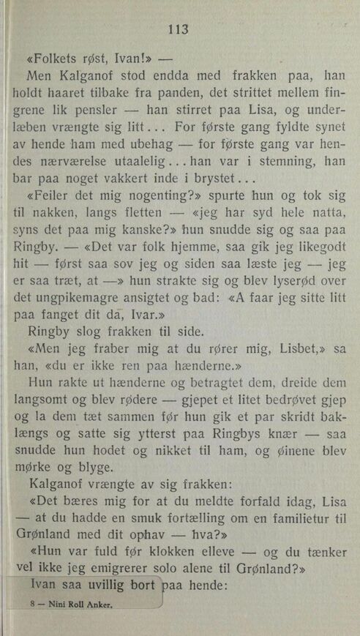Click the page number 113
pos(179,30)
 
